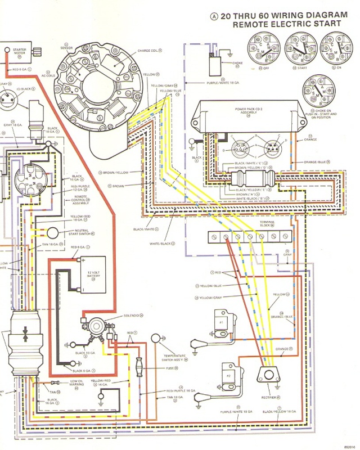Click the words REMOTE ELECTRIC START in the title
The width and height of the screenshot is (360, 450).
pyautogui.click(x=287, y=24)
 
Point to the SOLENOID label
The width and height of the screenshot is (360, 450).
pyautogui.click(x=131, y=316)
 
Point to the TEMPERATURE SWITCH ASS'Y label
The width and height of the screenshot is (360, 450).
pyautogui.click(x=175, y=358)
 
